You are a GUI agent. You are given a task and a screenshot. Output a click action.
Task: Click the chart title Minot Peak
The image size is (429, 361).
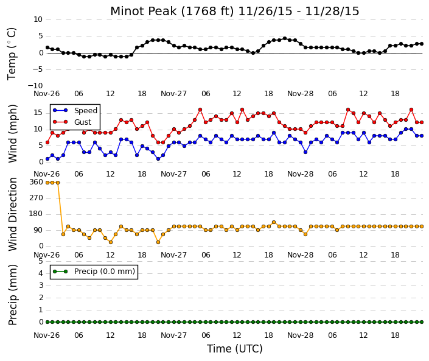click(144, 11)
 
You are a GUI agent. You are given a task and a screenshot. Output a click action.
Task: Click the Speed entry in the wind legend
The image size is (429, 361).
click(86, 111)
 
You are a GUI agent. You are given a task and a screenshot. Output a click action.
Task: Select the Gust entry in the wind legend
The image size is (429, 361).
click(83, 122)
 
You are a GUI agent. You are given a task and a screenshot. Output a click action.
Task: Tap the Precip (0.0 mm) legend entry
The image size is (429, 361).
click(105, 272)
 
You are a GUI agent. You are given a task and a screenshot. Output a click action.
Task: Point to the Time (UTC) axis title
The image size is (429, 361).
click(235, 349)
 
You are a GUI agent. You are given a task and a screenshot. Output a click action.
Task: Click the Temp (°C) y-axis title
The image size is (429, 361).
click(12, 54)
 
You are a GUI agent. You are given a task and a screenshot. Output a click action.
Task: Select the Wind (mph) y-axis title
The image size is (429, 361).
click(13, 134)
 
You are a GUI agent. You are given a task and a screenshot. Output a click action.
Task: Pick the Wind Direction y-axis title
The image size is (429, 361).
click(13, 214)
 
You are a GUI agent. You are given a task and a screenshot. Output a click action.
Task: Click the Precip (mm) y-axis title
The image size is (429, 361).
click(13, 295)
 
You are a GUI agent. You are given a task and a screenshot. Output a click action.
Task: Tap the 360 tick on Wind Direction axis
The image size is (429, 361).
click(36, 182)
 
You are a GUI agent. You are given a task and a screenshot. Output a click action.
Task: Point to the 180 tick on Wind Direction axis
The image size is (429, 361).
click(36, 214)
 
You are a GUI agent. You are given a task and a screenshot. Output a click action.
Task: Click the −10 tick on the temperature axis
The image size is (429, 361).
click(35, 86)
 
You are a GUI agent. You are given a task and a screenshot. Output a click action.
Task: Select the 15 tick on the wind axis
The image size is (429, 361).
click(38, 113)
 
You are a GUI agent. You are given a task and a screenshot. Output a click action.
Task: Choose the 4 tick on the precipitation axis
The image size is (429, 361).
click(41, 273)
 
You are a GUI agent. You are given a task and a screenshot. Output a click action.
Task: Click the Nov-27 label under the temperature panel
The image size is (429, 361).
click(173, 94)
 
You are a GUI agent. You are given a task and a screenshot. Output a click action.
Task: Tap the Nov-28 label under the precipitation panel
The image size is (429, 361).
click(300, 335)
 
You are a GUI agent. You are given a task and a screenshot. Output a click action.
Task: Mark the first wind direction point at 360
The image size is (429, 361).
click(47, 183)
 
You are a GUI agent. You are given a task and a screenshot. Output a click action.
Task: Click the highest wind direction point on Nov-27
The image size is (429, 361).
click(274, 223)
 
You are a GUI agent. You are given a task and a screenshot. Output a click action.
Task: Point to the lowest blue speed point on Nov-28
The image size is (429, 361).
click(305, 152)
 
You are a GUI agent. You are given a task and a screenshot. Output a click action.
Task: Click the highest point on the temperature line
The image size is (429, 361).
click(285, 38)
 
